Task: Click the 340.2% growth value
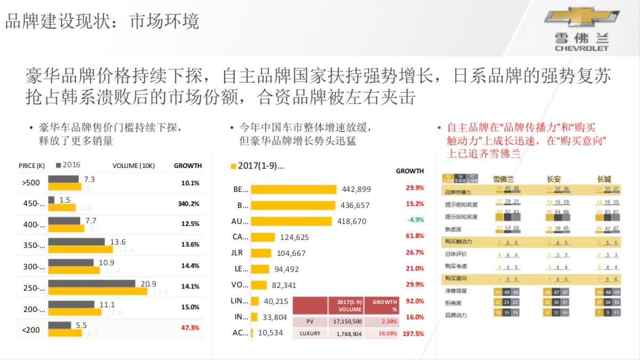click(x=188, y=204)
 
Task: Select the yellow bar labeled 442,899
click(x=293, y=189)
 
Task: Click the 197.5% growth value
click(x=413, y=334)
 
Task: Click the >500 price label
click(x=31, y=182)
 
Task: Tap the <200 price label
click(x=31, y=330)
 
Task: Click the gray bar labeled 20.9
click(x=91, y=284)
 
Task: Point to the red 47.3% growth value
click(x=190, y=328)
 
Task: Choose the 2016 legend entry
click(x=68, y=165)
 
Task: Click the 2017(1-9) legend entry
click(x=257, y=166)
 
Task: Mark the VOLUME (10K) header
click(x=133, y=166)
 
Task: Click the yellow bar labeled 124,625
click(x=263, y=237)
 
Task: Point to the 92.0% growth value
click(x=414, y=301)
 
